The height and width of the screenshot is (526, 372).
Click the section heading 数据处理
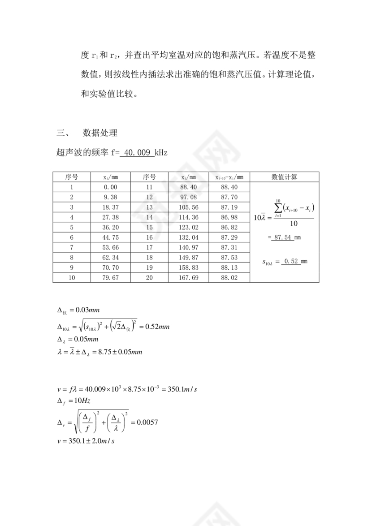coord(100,133)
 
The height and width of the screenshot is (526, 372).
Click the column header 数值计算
coord(284,177)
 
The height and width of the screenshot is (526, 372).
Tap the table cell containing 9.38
coord(110,197)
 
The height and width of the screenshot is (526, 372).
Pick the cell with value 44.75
coord(110,237)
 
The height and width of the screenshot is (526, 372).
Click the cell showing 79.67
coord(110,278)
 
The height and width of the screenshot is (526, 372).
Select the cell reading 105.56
coord(188,207)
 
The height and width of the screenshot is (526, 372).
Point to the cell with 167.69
coord(188,278)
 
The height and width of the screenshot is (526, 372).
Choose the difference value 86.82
coord(229,227)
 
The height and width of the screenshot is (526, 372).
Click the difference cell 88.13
coord(229,267)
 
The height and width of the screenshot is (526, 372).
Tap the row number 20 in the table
coord(149,278)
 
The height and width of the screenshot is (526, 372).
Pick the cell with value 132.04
coord(188,237)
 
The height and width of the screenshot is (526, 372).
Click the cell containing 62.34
coord(110,258)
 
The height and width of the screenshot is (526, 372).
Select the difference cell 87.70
coord(229,197)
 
